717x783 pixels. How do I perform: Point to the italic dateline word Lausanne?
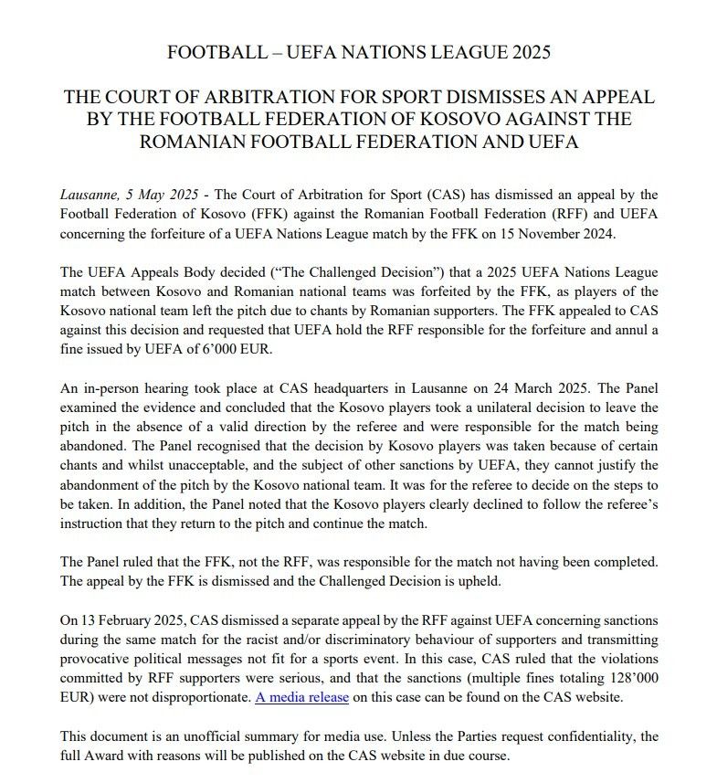[88, 196]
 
